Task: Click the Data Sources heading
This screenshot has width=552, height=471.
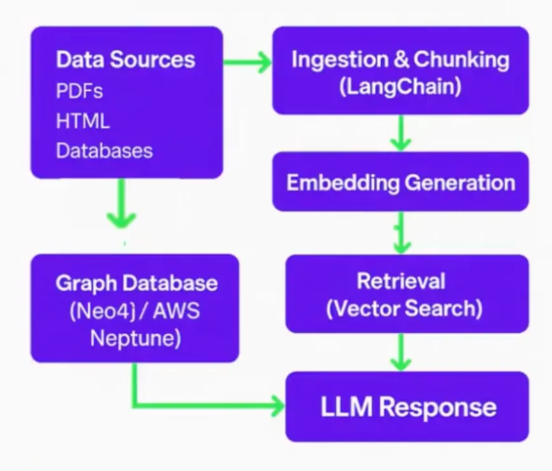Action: [125, 60]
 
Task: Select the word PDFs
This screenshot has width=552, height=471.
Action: [79, 91]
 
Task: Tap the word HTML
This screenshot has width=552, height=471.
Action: [83, 121]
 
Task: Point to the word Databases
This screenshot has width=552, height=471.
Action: [104, 151]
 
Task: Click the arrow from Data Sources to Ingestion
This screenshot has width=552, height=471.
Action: [247, 62]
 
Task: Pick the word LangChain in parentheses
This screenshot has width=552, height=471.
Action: [400, 86]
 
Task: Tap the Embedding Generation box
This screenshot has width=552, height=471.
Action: [400, 182]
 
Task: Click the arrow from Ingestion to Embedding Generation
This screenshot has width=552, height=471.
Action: [400, 133]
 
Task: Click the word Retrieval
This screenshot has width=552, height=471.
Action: [401, 281]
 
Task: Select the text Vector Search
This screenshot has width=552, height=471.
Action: [404, 309]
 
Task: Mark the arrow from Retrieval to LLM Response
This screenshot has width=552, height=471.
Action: [400, 351]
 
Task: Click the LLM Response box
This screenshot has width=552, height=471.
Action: [407, 407]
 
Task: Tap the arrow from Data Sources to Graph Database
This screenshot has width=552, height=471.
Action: [121, 204]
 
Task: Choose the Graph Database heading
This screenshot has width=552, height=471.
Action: [136, 282]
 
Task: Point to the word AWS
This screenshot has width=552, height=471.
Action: [176, 311]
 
